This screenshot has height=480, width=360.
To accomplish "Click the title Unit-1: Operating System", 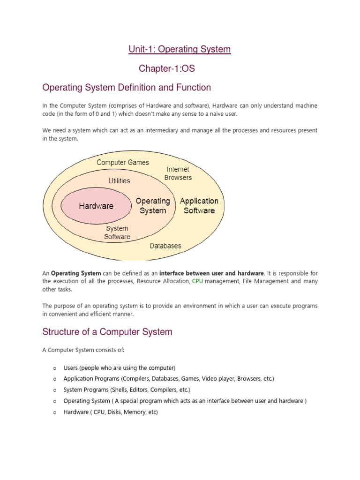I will click(180, 49).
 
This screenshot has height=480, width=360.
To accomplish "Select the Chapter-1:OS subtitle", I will click(166, 69).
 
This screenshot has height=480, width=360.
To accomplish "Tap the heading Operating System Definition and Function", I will click(127, 88).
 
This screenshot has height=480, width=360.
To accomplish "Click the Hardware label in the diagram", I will click(96, 206).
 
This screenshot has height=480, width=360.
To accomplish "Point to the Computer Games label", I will click(123, 163).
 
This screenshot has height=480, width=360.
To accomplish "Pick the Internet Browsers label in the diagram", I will click(178, 173).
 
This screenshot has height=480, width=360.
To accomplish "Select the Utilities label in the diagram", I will click(119, 180).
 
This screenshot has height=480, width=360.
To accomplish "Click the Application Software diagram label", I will click(199, 206).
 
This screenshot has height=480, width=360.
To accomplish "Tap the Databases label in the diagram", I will click(165, 246).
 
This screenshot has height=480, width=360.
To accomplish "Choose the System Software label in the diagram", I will click(117, 232).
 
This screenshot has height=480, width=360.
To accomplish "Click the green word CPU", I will click(197, 281).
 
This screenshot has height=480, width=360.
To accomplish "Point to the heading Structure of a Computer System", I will click(107, 332).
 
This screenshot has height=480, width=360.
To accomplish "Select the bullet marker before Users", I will click(54, 367).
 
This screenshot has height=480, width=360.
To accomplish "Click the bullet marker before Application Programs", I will click(54, 379).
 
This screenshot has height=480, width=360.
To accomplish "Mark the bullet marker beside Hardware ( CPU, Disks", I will click(54, 412).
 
